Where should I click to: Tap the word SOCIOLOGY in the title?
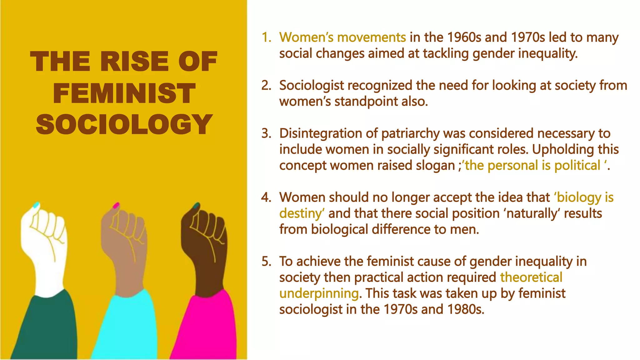(x=124, y=124)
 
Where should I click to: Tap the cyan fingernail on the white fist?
(x=36, y=205)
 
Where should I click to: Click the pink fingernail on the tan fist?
(x=116, y=205)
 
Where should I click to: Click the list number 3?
(x=266, y=133)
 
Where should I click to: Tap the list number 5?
(x=266, y=262)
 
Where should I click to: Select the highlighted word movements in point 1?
(x=372, y=37)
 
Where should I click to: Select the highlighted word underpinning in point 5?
(x=319, y=293)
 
